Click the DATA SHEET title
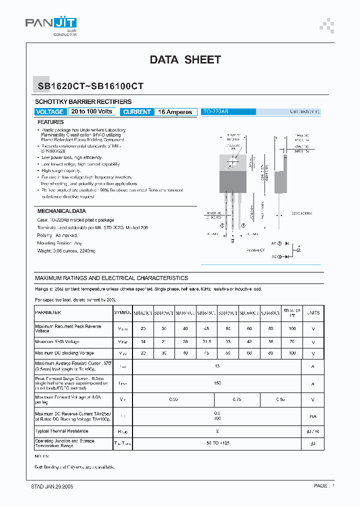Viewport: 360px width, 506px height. [185, 60]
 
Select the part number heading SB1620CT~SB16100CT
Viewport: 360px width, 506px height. [90, 86]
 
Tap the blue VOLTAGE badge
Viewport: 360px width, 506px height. [50, 112]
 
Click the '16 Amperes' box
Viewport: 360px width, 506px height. [175, 112]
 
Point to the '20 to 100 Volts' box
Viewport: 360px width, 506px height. [92, 111]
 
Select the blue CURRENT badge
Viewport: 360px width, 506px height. [137, 112]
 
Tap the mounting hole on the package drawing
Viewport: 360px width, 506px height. [232, 161]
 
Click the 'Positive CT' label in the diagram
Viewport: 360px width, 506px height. [256, 250]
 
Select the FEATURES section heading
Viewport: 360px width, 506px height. [50, 122]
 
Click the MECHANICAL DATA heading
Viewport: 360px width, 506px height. [61, 211]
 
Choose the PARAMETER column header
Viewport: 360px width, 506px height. [48, 312]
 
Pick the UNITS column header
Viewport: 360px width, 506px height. [313, 312]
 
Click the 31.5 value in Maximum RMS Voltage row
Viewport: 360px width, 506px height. [206, 342]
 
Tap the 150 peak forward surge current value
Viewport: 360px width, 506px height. [217, 383]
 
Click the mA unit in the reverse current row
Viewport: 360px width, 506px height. [313, 416]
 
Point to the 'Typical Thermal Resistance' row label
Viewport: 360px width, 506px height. [61, 431]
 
